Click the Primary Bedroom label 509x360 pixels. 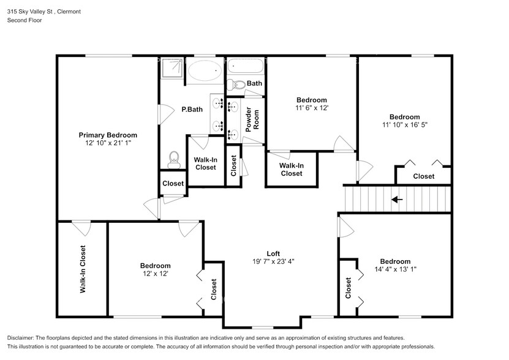click(x=108, y=135)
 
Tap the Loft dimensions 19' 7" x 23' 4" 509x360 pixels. click(x=273, y=261)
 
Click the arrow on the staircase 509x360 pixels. click(x=397, y=200)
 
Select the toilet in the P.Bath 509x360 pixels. click(x=174, y=160)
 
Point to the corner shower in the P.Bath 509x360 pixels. click(x=172, y=68)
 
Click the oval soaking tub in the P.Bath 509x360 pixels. click(x=205, y=70)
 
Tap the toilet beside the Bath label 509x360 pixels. click(x=236, y=85)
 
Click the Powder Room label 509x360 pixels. click(x=252, y=119)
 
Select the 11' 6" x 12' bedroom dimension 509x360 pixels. click(x=312, y=108)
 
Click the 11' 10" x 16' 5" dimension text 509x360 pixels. click(x=405, y=125)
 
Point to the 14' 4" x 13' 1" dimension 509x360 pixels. click(x=396, y=269)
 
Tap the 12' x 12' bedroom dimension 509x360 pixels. click(x=156, y=274)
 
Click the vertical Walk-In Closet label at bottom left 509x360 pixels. click(x=83, y=269)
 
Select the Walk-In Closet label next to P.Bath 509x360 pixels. click(x=205, y=163)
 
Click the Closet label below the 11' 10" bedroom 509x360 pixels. click(x=424, y=176)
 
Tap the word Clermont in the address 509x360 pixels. click(x=69, y=12)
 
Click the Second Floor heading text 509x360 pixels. click(x=25, y=20)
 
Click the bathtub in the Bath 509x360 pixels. click(x=246, y=67)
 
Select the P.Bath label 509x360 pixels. click(x=192, y=110)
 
